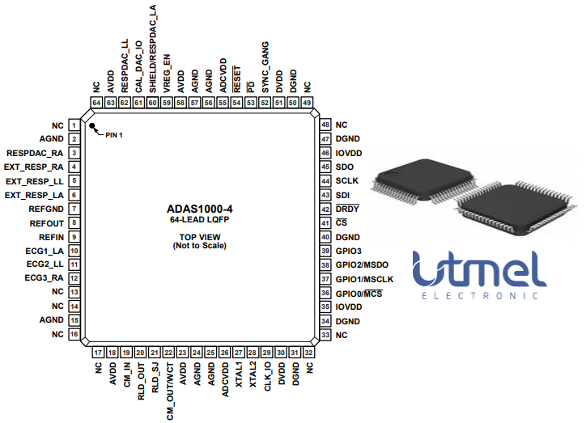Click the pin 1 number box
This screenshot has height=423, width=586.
click(x=74, y=125)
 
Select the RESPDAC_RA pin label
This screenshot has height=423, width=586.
click(x=35, y=153)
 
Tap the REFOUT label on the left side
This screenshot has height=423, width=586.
click(x=47, y=222)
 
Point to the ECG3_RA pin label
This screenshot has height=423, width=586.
click(x=45, y=278)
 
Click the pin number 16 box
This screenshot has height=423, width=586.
click(x=74, y=334)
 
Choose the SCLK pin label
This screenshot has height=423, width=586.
click(x=346, y=181)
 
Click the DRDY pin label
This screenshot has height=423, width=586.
click(x=347, y=209)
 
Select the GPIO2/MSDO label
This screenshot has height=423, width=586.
click(x=363, y=264)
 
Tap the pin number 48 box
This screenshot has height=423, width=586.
click(x=325, y=125)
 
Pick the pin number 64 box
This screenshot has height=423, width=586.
click(x=96, y=103)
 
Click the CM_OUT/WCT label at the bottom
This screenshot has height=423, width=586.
click(x=169, y=383)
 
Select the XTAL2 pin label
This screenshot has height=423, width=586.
click(x=253, y=374)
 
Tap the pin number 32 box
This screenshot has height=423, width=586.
click(x=309, y=352)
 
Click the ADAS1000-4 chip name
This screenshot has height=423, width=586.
click(x=199, y=208)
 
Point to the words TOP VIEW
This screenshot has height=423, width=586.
click(x=199, y=237)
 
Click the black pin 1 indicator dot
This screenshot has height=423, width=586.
click(x=92, y=128)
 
